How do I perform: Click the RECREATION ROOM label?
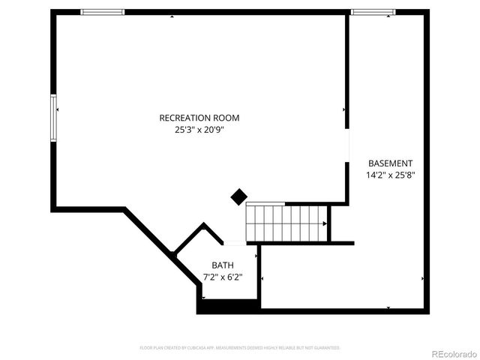click(199, 118)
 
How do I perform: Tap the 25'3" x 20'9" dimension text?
click(199, 130)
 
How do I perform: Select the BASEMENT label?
click(390, 163)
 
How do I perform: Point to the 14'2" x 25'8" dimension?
click(390, 175)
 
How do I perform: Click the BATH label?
click(223, 265)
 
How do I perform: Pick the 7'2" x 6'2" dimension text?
click(223, 277)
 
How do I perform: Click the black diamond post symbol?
click(238, 197)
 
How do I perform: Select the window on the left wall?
click(53, 117)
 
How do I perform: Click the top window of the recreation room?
click(102, 12)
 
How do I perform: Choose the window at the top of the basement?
click(373, 12)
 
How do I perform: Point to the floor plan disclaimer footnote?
click(240, 348)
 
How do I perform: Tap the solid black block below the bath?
click(229, 306)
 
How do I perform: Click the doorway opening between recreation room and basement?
click(347, 147)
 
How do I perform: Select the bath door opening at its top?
click(235, 243)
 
